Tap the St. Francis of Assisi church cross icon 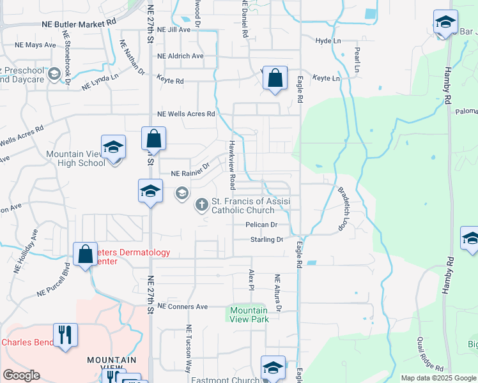click(201, 204)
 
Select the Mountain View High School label click(75, 158)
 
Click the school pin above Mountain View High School click(113, 147)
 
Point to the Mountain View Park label click(249, 315)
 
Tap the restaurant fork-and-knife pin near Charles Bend click(65, 335)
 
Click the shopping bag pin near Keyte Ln click(274, 79)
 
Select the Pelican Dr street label click(261, 225)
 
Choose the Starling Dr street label click(266, 239)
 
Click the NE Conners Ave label click(183, 306)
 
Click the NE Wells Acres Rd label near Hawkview click(186, 114)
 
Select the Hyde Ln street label click(328, 40)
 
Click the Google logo click(21, 375)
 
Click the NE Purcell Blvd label click(53, 281)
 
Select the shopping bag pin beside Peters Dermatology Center click(85, 254)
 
